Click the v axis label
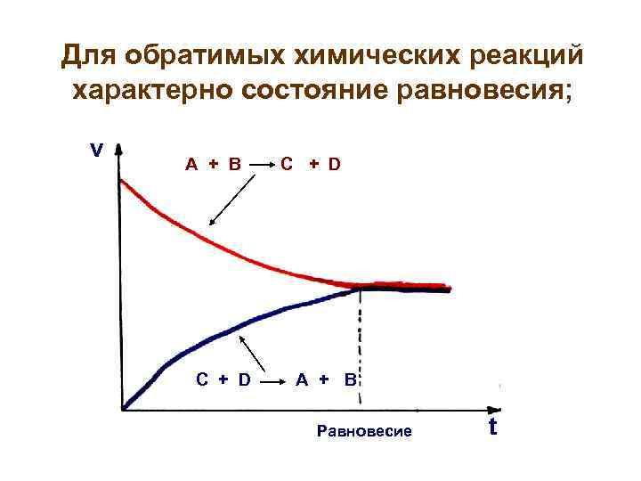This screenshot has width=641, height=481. [x=96, y=150]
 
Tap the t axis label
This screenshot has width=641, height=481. [x=492, y=428]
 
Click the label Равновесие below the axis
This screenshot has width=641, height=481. [x=364, y=432]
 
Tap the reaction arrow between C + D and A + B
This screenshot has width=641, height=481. [x=273, y=381]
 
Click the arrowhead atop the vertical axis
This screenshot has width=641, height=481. [x=119, y=151]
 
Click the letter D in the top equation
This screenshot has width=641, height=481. [x=333, y=164]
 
